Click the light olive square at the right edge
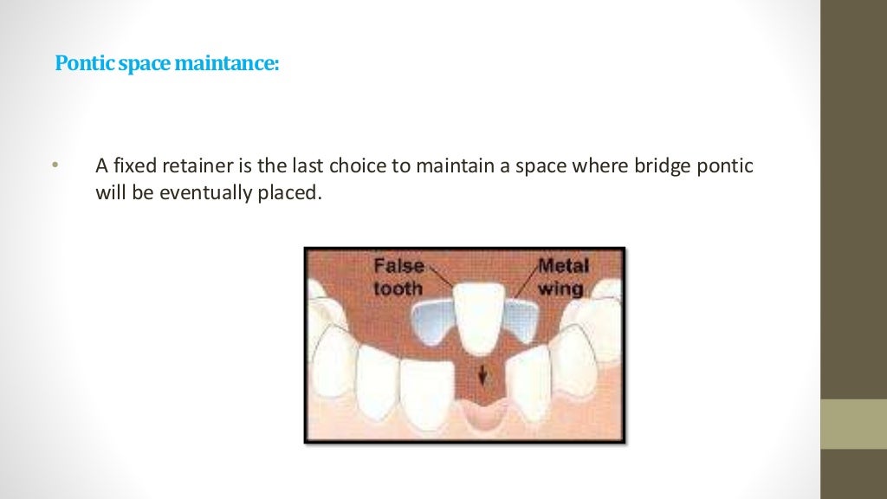[x=853, y=424]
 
